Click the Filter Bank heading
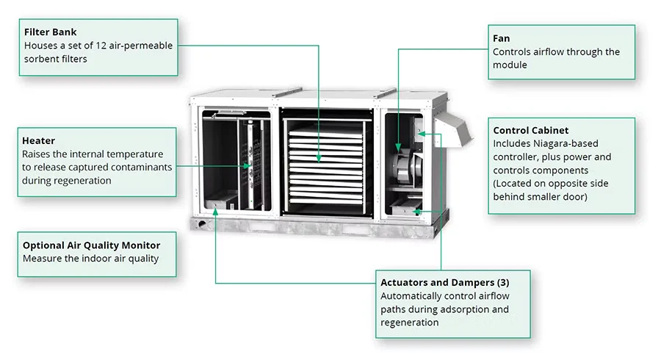coord(50,32)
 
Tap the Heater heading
coord(38,140)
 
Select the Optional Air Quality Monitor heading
coord(91,245)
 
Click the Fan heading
coord(501,38)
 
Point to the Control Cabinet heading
coord(530,130)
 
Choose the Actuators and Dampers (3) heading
coord(444,282)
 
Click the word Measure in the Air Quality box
coord(41,259)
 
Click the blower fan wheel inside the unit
coord(402,163)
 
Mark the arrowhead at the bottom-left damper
coord(215,211)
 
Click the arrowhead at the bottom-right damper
coord(416,212)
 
